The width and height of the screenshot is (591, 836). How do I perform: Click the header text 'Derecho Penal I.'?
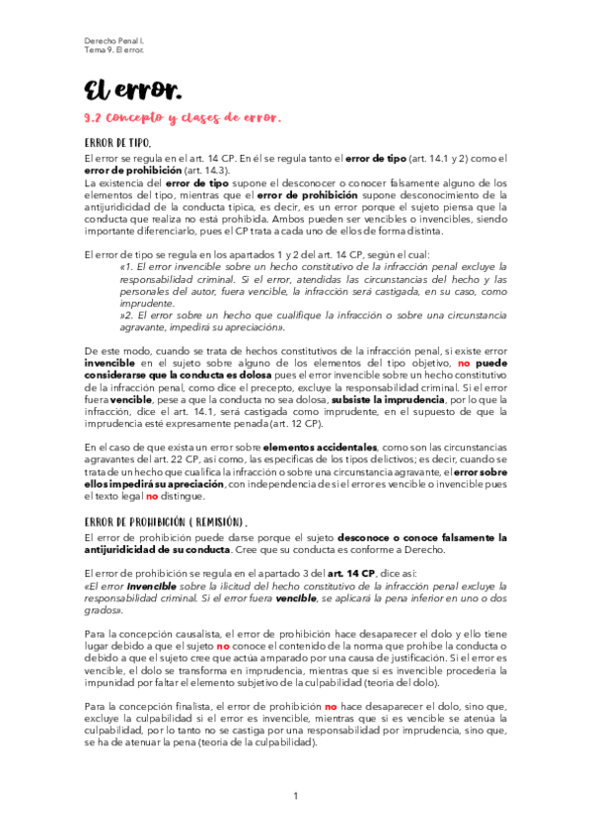pos(111,40)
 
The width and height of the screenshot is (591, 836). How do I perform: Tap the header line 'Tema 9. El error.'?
pos(113,51)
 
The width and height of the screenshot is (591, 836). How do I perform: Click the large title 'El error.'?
pos(132,92)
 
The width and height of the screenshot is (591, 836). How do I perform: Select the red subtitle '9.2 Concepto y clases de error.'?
pos(184,118)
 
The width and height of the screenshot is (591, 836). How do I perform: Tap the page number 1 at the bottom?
pos(295,796)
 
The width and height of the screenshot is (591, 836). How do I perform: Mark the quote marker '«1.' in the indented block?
pos(124,267)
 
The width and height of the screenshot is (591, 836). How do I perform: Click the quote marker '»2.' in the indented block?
pos(126,315)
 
